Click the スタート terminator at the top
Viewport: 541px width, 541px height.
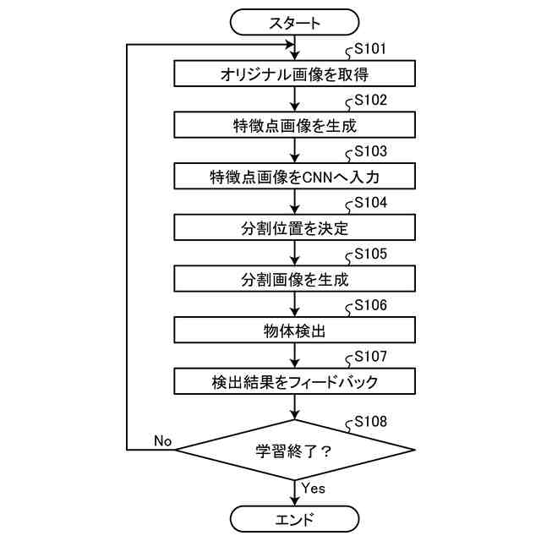click(294, 23)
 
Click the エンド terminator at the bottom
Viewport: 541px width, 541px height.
click(294, 518)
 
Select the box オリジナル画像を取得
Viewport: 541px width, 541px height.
click(294, 74)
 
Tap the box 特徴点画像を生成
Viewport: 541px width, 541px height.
click(294, 126)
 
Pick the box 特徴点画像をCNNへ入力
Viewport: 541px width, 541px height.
click(294, 178)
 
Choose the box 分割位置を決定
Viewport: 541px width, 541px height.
click(294, 228)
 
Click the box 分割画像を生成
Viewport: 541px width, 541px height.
click(294, 280)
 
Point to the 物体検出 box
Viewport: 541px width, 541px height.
click(294, 331)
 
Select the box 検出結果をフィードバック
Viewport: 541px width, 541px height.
click(294, 382)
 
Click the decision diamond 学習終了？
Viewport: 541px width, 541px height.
click(294, 450)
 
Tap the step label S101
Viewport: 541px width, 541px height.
click(370, 49)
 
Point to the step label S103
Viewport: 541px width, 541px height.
click(370, 152)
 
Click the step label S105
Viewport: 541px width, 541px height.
click(370, 254)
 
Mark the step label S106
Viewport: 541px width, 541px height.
click(370, 305)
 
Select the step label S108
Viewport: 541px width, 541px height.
click(370, 421)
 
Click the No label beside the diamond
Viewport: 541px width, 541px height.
click(162, 440)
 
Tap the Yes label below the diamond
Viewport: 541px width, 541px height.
click(314, 489)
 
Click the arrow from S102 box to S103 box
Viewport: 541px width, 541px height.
click(294, 151)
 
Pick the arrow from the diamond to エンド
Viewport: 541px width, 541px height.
click(294, 492)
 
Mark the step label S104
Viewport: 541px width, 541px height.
click(370, 203)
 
